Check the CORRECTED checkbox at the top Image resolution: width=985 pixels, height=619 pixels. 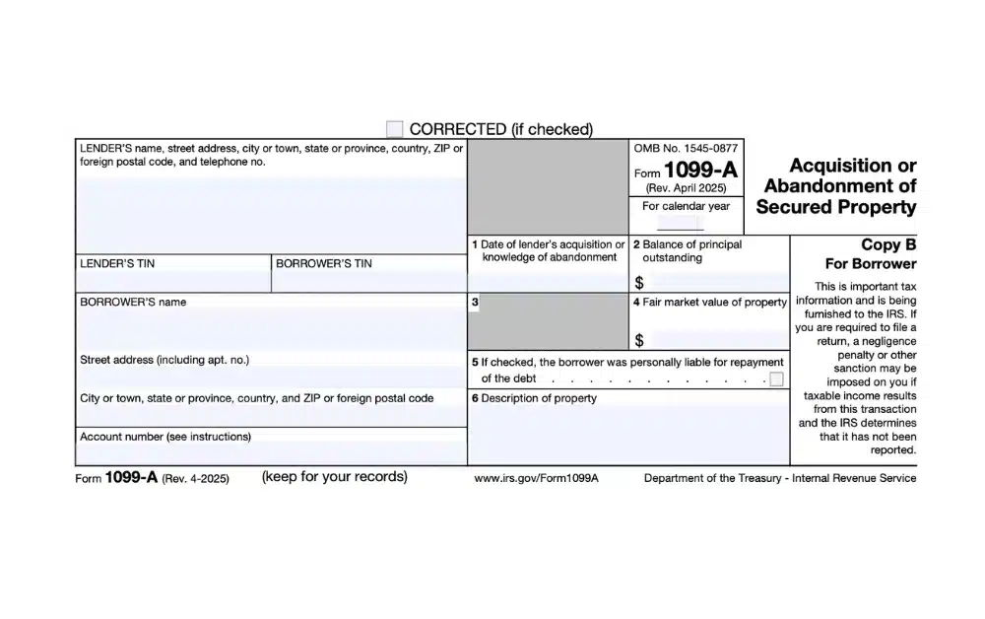point(395,129)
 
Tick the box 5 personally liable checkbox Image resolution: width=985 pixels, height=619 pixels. point(777,379)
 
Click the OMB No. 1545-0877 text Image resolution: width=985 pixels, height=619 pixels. point(686,147)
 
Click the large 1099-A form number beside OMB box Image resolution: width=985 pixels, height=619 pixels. point(700,171)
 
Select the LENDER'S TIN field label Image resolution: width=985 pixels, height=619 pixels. point(117,264)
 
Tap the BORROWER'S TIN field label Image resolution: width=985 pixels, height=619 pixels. point(324,264)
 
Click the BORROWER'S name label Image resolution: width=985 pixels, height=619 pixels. point(133,303)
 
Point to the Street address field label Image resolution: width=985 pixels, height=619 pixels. point(164,361)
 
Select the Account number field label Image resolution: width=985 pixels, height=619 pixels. point(165,436)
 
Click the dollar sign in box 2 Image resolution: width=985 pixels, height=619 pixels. point(639,282)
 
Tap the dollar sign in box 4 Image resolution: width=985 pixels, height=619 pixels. point(639,341)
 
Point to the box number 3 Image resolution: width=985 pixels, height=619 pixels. point(475,303)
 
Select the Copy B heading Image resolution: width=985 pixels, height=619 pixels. point(888,244)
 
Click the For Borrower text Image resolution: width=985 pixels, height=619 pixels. point(871,263)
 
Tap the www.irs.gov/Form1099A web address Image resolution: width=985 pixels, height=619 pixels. point(537,478)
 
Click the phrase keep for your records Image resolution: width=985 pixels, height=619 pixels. point(334,477)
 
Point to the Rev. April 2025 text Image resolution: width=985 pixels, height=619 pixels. point(686,187)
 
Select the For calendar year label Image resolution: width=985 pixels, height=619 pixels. point(687,207)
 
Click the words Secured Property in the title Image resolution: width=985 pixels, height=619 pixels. point(836,207)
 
